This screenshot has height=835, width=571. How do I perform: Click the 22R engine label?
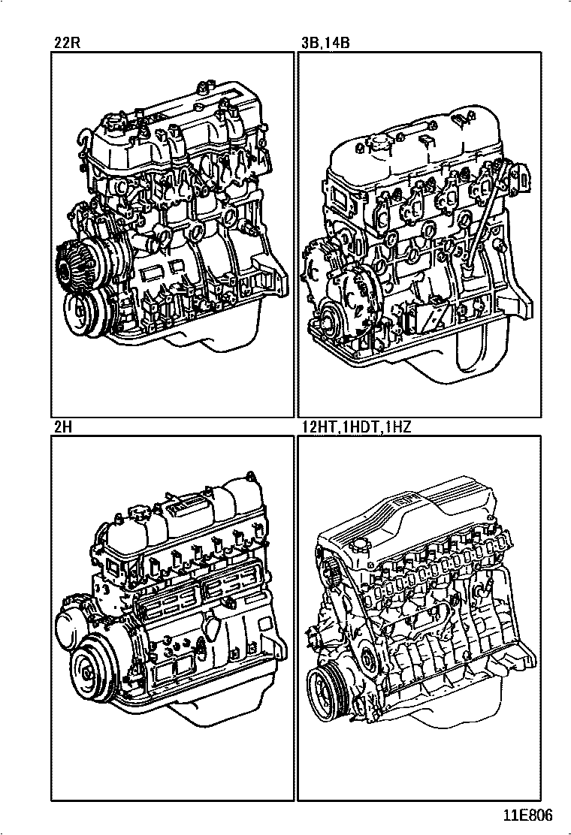(x=67, y=43)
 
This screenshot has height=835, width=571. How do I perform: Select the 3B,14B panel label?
(x=325, y=43)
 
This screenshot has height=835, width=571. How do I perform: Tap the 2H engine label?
(x=63, y=427)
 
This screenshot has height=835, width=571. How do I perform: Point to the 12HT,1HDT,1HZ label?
(x=356, y=427)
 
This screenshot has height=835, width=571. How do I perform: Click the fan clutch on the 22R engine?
(x=70, y=267)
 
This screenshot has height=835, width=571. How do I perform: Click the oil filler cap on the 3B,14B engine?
(x=379, y=143)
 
